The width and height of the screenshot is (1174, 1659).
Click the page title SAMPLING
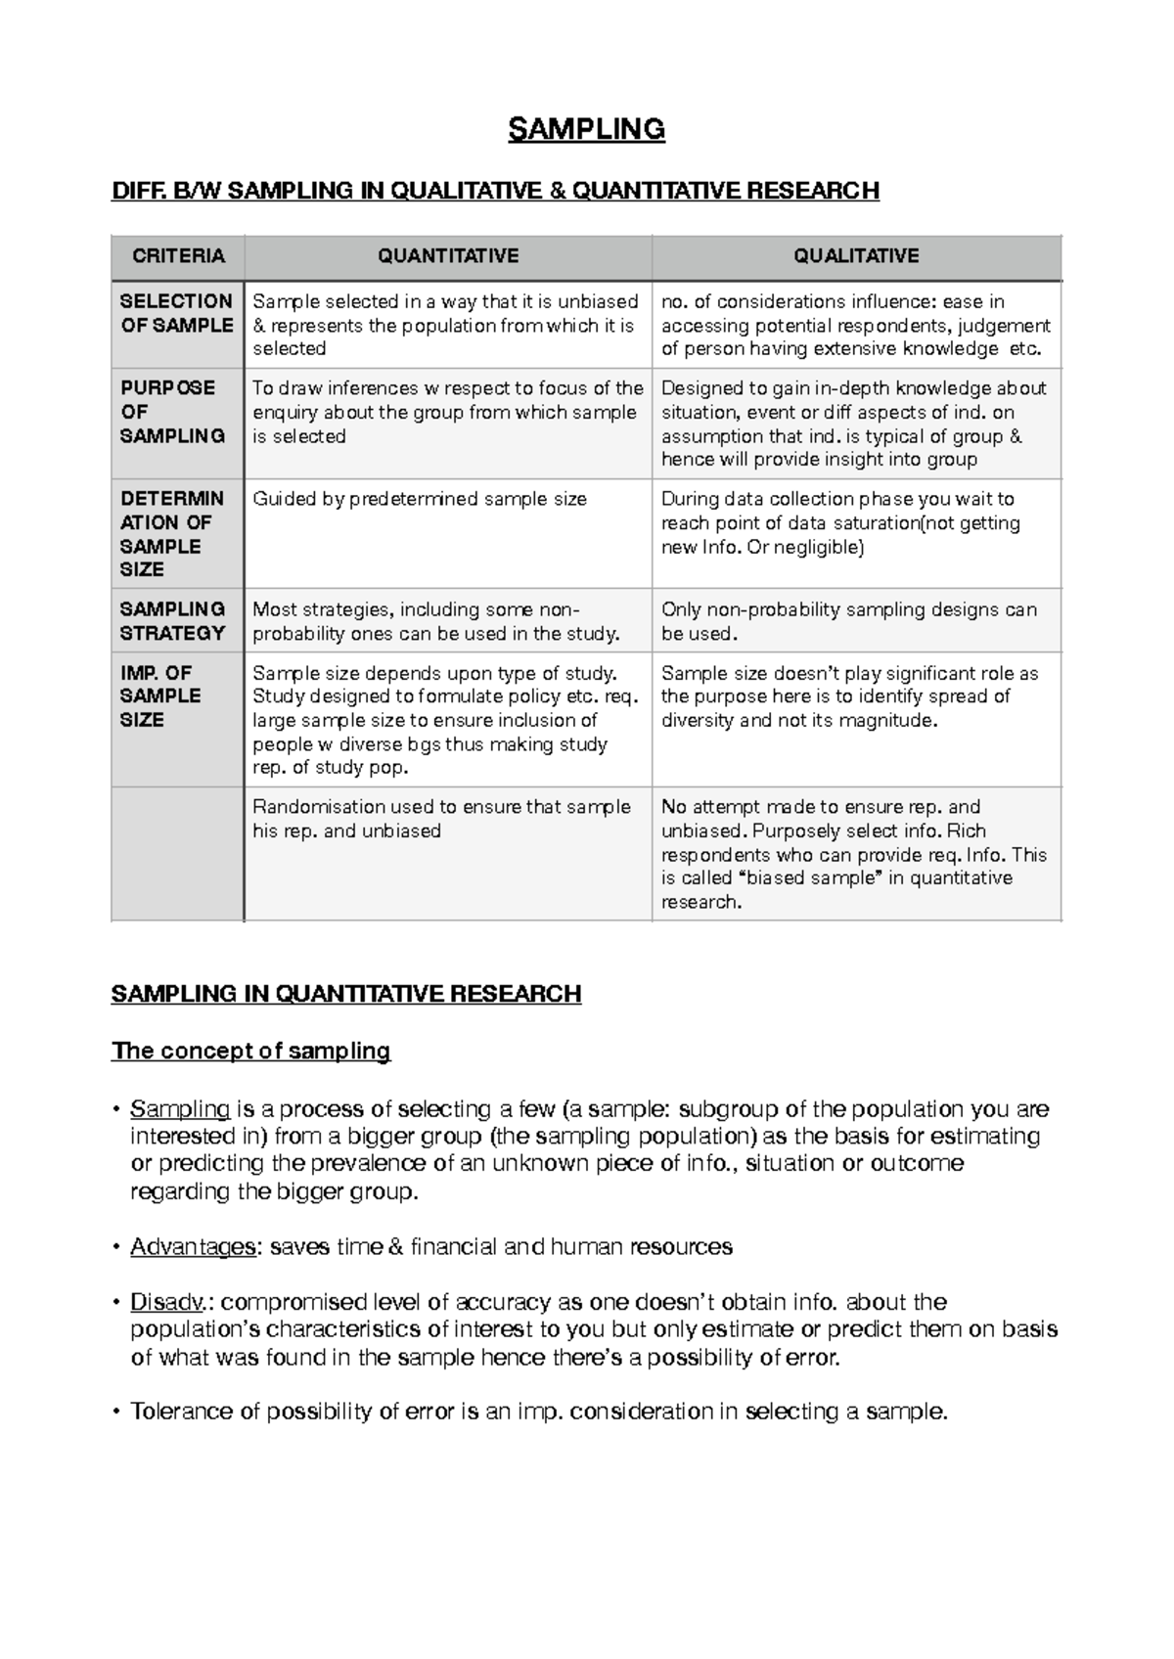pos(586,129)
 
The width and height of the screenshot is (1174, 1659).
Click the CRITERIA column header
pos(178,256)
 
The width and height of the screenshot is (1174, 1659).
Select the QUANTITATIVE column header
pos(448,256)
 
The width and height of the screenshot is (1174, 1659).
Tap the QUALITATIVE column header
pos(856,256)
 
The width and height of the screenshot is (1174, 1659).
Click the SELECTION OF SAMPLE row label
pos(176,313)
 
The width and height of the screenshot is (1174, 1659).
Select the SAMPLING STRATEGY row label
pos(172,621)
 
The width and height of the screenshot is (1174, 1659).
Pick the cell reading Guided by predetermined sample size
pos(420,499)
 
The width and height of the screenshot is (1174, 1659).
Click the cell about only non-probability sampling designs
pos(847,621)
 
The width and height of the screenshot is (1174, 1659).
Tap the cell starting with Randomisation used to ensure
pos(441,819)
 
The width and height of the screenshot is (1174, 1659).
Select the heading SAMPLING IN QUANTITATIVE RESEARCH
pos(346,994)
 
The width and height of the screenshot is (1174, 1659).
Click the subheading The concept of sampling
pos(250,1051)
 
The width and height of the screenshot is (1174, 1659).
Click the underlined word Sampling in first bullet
pos(180,1109)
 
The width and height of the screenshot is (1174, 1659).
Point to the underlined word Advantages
pos(193,1247)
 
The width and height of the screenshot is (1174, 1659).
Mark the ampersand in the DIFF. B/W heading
pos(558,190)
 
